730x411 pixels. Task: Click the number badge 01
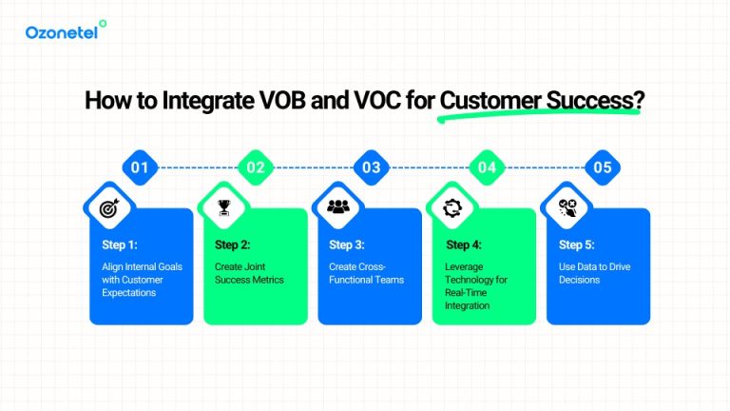[140, 167]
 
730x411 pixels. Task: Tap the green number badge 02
[256, 167]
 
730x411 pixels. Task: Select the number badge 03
[371, 167]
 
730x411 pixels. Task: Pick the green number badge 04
[487, 167]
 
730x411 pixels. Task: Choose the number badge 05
[602, 167]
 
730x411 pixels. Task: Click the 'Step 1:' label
[121, 245]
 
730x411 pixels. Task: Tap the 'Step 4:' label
[465, 245]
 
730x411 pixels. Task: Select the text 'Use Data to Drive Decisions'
[594, 273]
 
